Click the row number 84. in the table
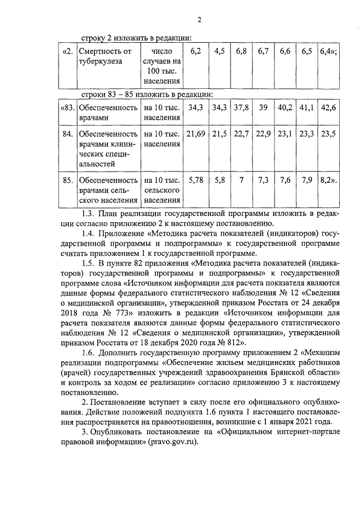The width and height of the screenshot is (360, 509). pos(67,134)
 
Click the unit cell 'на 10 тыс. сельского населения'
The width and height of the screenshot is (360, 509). pos(162,190)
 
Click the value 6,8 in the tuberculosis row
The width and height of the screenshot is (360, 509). pos(241,52)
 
